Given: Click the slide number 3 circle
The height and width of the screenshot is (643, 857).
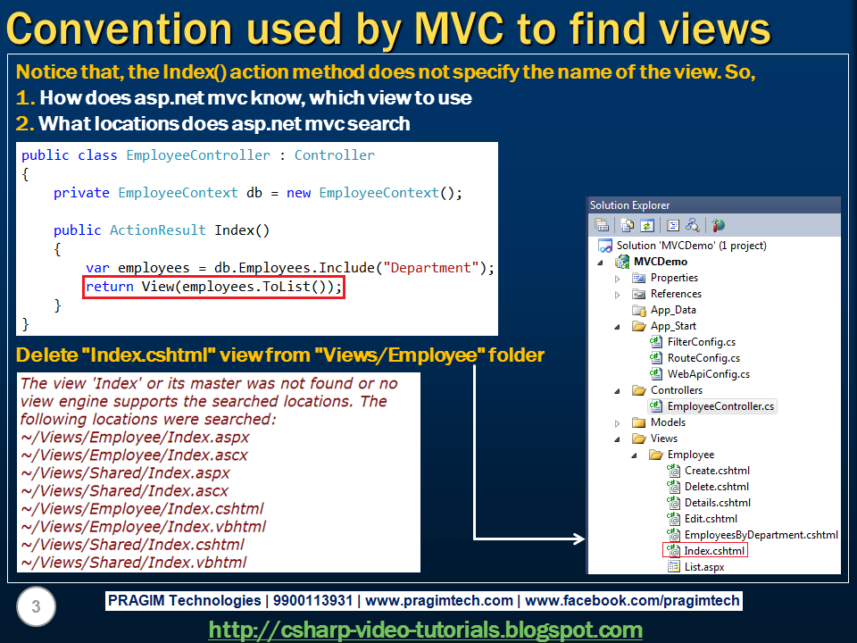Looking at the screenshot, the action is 36,606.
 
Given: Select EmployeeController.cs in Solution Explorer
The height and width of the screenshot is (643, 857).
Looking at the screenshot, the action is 720,406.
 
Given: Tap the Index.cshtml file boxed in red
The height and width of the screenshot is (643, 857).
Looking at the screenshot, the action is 714,551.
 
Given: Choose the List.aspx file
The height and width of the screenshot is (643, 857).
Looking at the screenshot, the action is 704,567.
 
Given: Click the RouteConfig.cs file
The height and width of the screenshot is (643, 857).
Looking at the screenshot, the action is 703,358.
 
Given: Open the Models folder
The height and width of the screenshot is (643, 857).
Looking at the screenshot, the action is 668,422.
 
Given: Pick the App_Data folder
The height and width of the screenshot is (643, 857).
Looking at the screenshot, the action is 673,310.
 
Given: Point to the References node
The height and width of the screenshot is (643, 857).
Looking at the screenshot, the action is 676,294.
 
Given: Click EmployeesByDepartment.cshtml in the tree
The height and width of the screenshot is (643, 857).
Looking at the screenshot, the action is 761,535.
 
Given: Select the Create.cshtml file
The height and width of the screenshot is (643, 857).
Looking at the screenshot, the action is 717,471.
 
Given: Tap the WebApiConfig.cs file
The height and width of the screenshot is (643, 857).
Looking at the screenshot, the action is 708,374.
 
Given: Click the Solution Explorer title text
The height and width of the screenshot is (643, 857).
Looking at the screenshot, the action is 629,205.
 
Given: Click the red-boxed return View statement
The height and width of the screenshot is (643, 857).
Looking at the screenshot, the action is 213,287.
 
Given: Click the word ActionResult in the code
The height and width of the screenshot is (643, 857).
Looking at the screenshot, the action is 157,230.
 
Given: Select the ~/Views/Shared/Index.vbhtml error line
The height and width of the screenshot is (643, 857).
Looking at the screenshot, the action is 133,562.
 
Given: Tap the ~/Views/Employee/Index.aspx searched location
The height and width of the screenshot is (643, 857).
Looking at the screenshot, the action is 135,438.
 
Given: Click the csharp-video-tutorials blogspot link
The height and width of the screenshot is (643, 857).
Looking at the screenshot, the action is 425,630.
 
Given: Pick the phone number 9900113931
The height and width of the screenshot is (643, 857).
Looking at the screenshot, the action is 312,600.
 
